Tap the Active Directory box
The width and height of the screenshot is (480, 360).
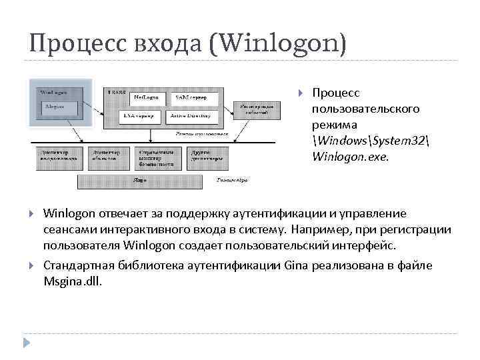coord(193,115)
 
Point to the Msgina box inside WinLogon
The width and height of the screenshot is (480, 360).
coord(60,107)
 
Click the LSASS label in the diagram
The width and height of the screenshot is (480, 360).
coord(117,91)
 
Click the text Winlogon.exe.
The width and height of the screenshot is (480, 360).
coord(349,158)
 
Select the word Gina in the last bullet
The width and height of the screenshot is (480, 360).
coord(295,265)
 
